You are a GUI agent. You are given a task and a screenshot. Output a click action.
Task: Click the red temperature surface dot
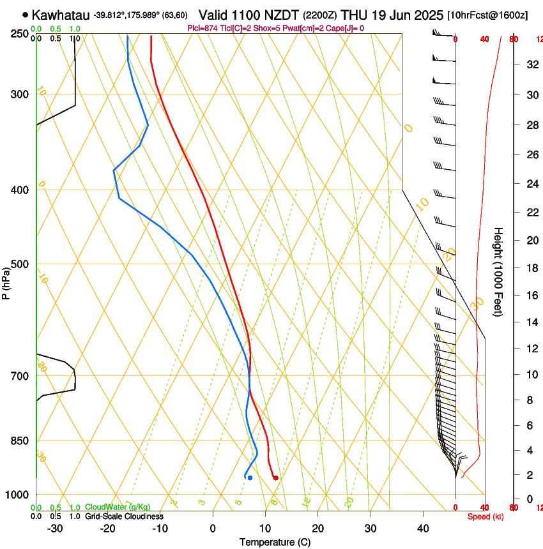click(x=275, y=478)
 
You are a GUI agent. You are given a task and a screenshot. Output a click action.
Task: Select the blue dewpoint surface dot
click(x=250, y=478)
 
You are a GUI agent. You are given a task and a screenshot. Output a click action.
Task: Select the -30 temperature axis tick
click(x=55, y=528)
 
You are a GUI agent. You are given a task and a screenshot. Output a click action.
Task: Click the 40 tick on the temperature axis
click(x=423, y=528)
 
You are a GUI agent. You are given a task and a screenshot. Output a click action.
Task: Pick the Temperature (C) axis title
click(x=275, y=542)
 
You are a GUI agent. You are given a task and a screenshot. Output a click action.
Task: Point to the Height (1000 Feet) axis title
click(x=499, y=272)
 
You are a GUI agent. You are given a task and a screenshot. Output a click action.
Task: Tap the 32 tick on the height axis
click(x=530, y=64)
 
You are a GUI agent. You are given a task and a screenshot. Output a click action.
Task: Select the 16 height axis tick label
click(x=530, y=296)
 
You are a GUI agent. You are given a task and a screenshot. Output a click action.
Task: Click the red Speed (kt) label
click(x=483, y=516)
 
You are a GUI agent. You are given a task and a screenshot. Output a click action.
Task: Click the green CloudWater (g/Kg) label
click(x=118, y=507)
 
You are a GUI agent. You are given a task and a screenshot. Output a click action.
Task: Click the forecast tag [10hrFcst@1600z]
click(x=487, y=15)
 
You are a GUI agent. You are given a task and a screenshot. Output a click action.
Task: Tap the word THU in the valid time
click(x=354, y=15)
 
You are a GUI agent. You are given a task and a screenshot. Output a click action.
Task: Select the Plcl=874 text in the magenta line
click(x=203, y=28)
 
